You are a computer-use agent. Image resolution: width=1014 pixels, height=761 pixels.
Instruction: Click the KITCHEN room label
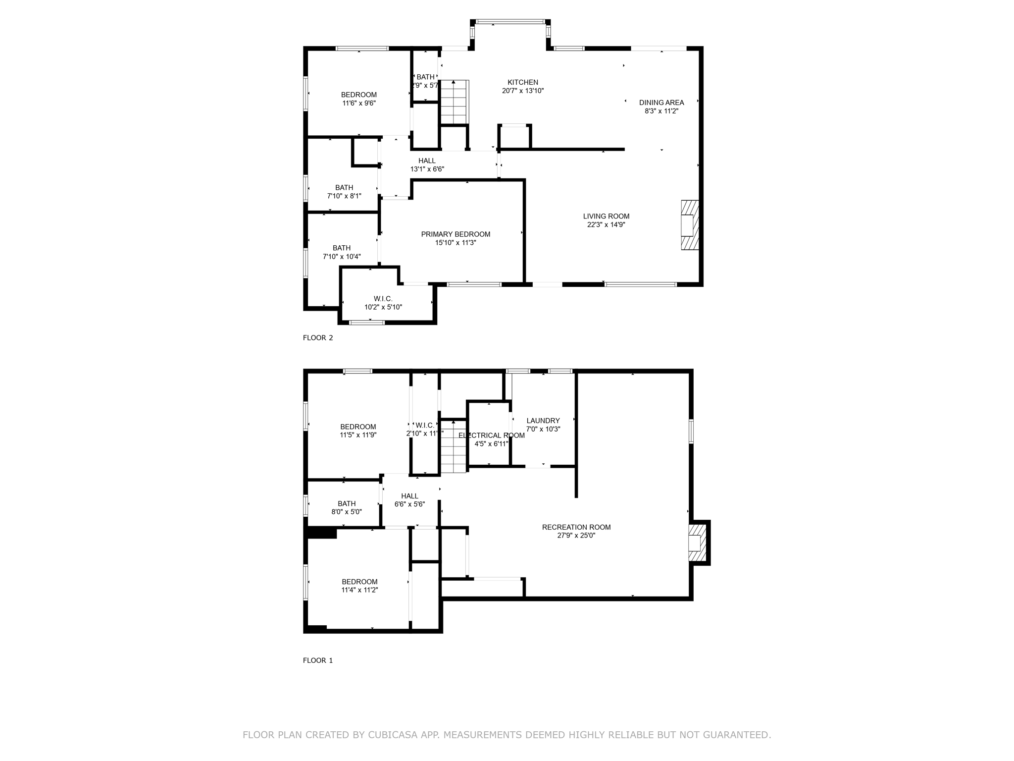[522, 83]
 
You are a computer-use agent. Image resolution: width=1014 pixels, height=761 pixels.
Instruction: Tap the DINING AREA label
[661, 103]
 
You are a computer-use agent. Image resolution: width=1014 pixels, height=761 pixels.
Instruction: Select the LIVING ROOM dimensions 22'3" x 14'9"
[606, 224]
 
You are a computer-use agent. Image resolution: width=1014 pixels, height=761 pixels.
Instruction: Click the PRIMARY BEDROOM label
[456, 234]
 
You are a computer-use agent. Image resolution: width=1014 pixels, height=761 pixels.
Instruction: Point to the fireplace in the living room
[689, 225]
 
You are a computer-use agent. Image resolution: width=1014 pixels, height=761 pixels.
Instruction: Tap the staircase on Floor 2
[454, 102]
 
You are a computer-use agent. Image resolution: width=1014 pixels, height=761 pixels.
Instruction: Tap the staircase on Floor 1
[454, 446]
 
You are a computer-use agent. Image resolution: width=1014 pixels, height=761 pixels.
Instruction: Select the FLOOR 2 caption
[318, 338]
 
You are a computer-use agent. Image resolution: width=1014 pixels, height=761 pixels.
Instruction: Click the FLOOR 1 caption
[318, 660]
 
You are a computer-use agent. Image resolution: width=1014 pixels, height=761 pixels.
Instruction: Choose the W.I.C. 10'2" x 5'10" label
[383, 303]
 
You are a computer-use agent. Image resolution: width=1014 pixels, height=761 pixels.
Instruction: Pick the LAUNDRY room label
[543, 421]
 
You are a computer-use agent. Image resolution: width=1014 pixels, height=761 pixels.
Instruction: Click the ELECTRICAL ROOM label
[491, 435]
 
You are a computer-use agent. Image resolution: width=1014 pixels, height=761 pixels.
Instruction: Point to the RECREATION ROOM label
[576, 527]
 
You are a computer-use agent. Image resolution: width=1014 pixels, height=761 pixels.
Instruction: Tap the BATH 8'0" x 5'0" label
[347, 507]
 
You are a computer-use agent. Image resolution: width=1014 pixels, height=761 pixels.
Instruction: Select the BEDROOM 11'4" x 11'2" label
[359, 586]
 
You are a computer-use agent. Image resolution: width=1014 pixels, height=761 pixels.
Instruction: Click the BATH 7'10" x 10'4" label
[342, 252]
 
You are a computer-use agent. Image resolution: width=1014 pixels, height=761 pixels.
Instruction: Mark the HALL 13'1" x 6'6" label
[427, 165]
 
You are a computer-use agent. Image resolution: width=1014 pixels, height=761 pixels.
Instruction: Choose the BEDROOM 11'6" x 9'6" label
[358, 99]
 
